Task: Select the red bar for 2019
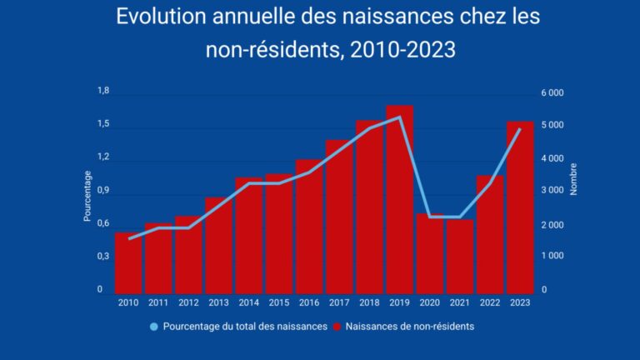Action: [399, 200]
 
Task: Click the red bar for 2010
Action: [128, 262]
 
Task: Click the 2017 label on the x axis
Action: [339, 302]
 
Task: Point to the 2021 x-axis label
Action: [459, 302]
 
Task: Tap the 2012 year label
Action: [188, 302]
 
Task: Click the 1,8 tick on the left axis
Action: [103, 91]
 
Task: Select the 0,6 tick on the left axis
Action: [103, 223]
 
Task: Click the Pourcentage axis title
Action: [87, 196]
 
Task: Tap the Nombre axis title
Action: [573, 177]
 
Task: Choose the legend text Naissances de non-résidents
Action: [409, 327]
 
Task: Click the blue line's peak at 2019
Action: [400, 117]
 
